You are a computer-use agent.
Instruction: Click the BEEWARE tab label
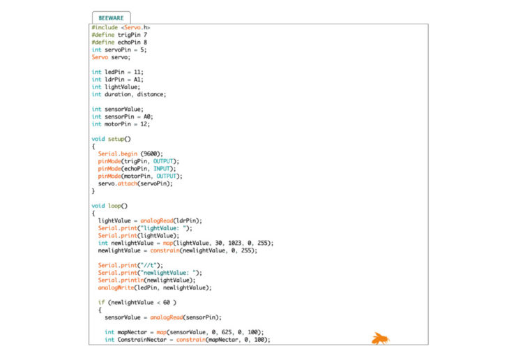point(111,17)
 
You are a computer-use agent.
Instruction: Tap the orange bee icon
point(380,339)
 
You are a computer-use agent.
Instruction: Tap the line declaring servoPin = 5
point(119,50)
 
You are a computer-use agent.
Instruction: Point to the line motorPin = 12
point(121,123)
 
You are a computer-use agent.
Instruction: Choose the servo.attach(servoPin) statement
point(135,183)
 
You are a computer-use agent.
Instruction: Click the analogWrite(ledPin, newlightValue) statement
point(155,287)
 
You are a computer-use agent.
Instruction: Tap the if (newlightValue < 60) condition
point(137,302)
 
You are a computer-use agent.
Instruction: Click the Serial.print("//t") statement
point(130,265)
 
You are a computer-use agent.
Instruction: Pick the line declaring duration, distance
point(129,94)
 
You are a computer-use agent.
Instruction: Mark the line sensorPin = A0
point(122,117)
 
